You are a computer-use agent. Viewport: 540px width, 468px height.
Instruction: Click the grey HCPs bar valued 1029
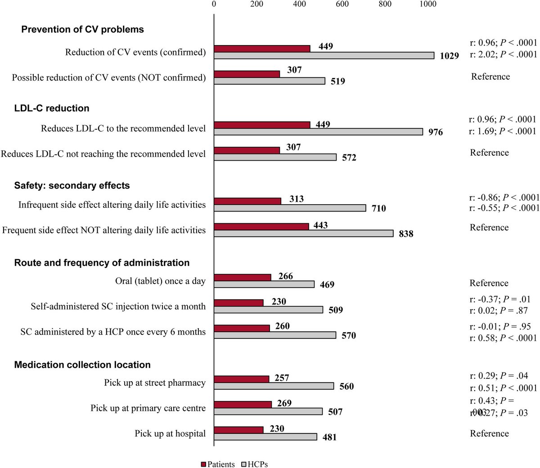(x=324, y=55)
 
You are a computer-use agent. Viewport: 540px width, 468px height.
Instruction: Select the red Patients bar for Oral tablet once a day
(x=242, y=277)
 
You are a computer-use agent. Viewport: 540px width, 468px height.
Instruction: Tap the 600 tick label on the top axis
(x=342, y=4)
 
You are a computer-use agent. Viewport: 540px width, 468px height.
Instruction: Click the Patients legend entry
(x=217, y=464)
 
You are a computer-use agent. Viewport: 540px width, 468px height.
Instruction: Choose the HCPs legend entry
(x=255, y=464)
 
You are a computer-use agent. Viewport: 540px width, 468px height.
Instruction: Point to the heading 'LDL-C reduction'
(x=52, y=108)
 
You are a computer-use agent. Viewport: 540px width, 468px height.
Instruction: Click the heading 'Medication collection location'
(x=82, y=364)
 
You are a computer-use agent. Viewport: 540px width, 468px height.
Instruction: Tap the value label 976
(x=435, y=132)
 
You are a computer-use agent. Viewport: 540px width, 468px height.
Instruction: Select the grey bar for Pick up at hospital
(x=265, y=436)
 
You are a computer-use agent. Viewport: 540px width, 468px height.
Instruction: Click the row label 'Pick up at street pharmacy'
(x=155, y=383)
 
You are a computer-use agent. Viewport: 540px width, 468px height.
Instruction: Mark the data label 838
(x=405, y=234)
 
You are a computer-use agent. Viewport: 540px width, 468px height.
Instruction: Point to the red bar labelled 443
(x=261, y=226)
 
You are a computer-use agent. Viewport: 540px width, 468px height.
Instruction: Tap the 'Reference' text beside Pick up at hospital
(x=489, y=433)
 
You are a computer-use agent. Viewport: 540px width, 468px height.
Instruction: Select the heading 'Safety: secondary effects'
(x=72, y=185)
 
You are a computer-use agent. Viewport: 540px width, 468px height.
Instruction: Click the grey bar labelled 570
(x=274, y=335)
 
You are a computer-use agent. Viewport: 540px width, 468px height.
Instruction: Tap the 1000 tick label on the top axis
(x=427, y=4)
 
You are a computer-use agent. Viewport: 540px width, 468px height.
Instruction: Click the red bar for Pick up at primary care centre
(x=243, y=405)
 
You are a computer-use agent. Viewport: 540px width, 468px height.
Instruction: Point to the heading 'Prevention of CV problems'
(x=83, y=29)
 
